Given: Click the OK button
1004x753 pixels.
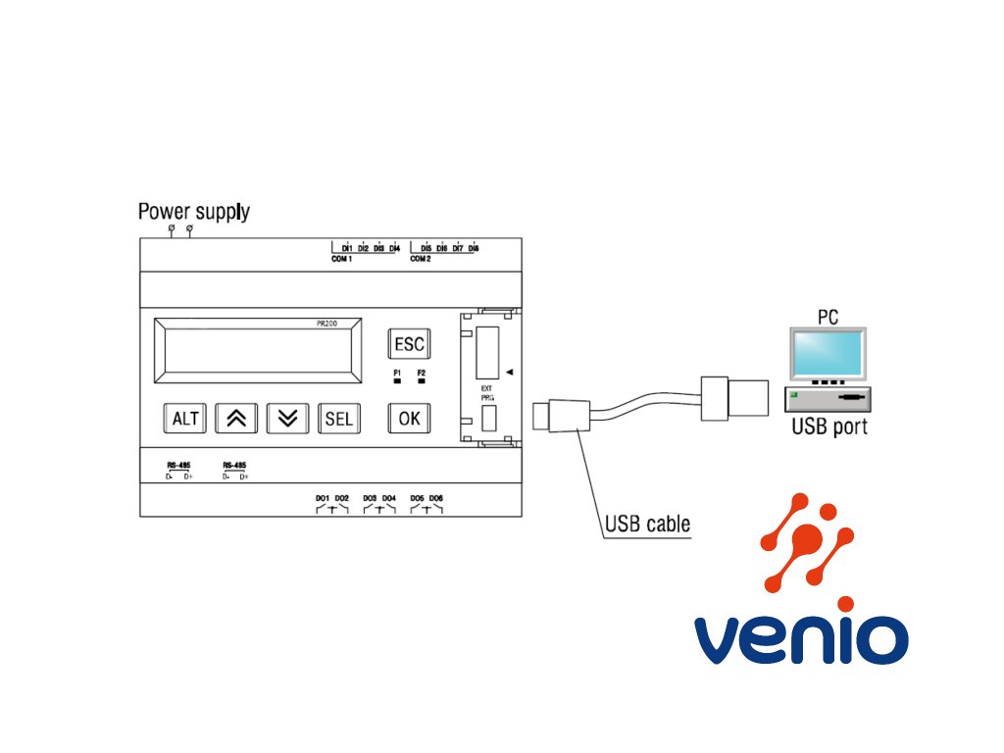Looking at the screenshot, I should pos(409,418).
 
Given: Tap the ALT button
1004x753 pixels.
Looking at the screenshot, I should pos(185,419).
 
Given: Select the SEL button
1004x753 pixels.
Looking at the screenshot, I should pos(338,419).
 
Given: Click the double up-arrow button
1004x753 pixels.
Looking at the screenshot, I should pos(236,419).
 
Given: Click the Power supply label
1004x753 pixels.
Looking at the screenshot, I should pos(193,211).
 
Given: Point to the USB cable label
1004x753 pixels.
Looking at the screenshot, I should pos(647,525).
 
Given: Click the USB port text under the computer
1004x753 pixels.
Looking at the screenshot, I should pos(829,427).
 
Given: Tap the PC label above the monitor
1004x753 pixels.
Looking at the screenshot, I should pos(828,318).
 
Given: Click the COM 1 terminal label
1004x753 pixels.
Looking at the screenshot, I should pos(342,259).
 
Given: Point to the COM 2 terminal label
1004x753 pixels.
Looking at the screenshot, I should pos(421,259).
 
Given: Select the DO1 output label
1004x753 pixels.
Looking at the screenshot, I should pos(322,498).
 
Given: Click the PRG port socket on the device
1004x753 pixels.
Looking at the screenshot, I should pos(488,419).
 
